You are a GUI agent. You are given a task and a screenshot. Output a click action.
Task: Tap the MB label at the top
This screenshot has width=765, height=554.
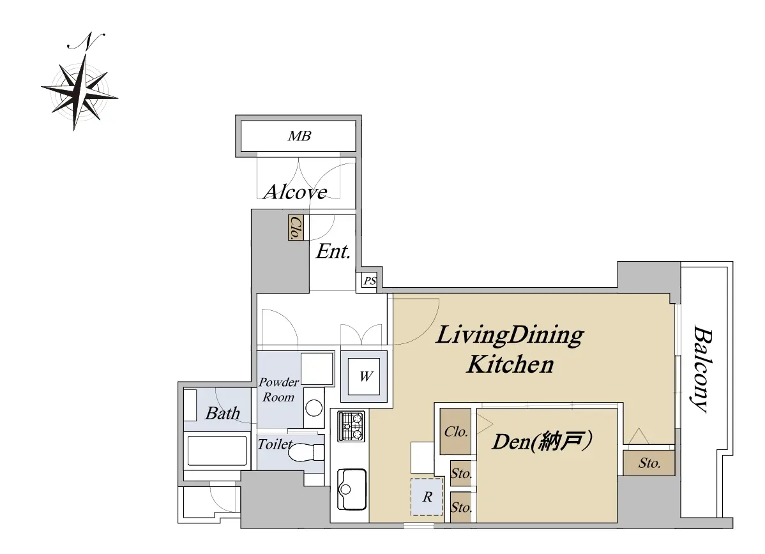point(299,136)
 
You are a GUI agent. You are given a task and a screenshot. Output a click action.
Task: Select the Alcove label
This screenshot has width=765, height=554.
point(295,191)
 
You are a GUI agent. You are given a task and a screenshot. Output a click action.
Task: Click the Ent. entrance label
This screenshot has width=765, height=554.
point(333,251)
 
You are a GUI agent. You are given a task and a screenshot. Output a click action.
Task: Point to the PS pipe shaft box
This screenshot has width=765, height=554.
point(370,281)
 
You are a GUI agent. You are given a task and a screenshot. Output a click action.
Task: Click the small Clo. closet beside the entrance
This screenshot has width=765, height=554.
point(296,228)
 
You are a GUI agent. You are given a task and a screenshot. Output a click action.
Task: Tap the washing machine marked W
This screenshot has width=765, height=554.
point(364,376)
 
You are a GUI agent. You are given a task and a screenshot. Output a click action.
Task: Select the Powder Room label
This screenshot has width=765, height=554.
point(278,390)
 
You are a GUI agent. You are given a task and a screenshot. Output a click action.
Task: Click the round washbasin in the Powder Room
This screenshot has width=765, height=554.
point(314,408)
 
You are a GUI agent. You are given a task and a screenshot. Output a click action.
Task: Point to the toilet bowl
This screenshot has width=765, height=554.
point(305,452)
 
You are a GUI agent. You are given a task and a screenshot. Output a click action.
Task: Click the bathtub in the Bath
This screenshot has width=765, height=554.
point(216,451)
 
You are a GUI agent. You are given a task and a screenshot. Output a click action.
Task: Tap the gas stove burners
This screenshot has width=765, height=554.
point(351,426)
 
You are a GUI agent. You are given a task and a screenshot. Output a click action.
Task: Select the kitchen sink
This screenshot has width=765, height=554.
point(351,489)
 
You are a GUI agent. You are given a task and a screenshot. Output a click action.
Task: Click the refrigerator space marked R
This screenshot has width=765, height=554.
point(427,497)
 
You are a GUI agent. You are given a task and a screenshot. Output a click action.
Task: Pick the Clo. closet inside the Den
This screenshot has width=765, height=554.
point(456,431)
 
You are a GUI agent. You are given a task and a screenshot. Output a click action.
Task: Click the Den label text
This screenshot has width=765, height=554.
point(542,441)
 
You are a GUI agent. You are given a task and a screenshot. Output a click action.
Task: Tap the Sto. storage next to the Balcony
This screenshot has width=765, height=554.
point(649,463)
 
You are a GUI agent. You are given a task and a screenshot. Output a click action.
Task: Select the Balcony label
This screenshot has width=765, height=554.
point(702,369)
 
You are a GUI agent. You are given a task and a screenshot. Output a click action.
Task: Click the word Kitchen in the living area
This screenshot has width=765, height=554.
point(510,365)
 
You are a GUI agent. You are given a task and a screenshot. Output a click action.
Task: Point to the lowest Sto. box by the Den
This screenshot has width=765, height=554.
point(461,507)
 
